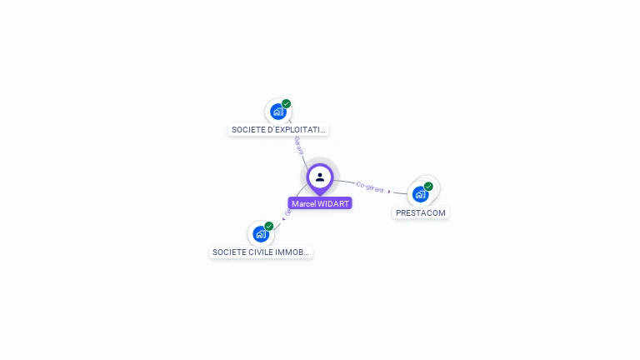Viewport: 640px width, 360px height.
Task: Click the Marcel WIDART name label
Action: pos(320,203)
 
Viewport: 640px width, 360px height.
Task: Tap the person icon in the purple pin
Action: pos(320,177)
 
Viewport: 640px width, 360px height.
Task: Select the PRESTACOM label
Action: pos(421,212)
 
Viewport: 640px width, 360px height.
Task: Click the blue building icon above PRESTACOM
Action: pos(420,194)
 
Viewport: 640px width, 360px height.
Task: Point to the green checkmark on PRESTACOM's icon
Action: pos(428,187)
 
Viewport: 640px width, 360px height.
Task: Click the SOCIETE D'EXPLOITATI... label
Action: pos(278,130)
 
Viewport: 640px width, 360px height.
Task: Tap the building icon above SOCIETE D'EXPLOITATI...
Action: pos(277,112)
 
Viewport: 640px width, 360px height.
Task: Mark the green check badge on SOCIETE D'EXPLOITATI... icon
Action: pos(286,104)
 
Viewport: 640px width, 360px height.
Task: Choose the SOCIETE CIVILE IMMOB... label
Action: pos(261,252)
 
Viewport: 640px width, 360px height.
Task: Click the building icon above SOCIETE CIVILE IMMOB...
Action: pos(260,233)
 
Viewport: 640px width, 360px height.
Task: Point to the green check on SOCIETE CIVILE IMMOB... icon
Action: pos(268,226)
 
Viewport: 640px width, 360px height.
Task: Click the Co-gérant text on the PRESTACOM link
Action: pos(370,186)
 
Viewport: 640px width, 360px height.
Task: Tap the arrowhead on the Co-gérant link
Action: pos(389,192)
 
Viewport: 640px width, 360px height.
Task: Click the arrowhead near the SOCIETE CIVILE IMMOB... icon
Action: pos(282,219)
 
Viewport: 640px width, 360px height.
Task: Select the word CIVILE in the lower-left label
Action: pos(257,252)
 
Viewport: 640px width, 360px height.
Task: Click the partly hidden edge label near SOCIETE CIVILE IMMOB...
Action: pos(287,212)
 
